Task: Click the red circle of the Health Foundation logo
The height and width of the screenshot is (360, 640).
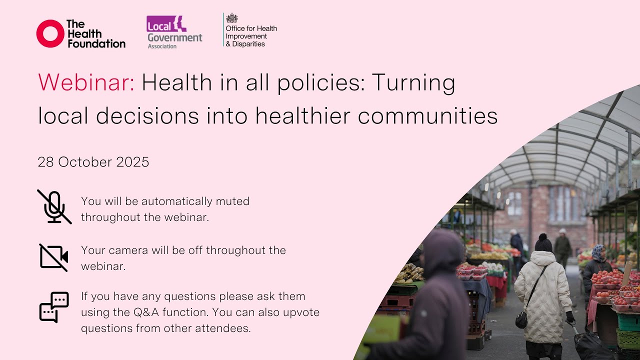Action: click(x=50, y=34)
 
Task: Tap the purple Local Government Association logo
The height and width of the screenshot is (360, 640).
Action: click(x=174, y=31)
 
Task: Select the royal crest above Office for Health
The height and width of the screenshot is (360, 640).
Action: click(x=231, y=18)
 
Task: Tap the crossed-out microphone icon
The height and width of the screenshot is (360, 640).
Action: click(x=53, y=206)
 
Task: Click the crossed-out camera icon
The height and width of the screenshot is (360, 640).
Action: click(x=53, y=257)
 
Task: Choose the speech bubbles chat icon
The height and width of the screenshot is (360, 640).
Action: click(x=53, y=307)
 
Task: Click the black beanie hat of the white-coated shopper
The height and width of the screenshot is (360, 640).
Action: click(x=543, y=243)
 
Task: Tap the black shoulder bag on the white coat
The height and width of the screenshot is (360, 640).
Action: click(x=521, y=319)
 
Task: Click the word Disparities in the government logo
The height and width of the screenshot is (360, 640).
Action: click(x=248, y=43)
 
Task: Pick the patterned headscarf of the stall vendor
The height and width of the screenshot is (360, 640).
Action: click(x=597, y=252)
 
